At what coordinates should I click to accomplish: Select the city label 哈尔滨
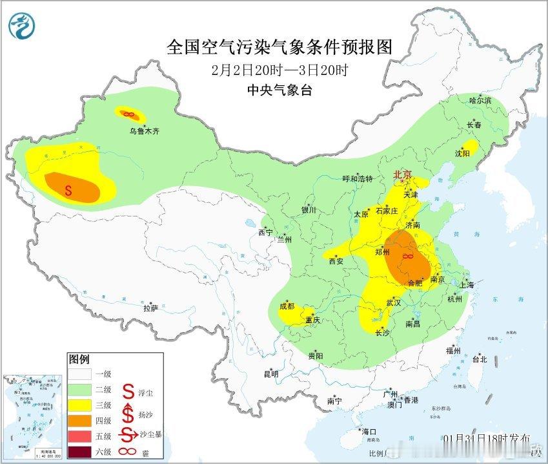coord(480,101)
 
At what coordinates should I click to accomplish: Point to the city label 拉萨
coord(150,308)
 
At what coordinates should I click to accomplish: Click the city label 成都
coord(287,306)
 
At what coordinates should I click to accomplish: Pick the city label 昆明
coord(270,374)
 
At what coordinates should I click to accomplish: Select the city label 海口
coord(369,431)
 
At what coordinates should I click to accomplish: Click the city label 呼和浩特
coord(358,179)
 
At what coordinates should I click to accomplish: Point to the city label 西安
coord(336,261)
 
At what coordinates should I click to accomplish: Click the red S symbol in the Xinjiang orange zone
coord(68,190)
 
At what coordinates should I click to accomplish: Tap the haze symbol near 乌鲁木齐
coord(128,114)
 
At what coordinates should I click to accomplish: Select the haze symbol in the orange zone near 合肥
coord(407,258)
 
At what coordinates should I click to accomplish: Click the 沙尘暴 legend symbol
coord(128,432)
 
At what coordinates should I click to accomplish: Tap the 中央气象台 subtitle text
coord(279,91)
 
